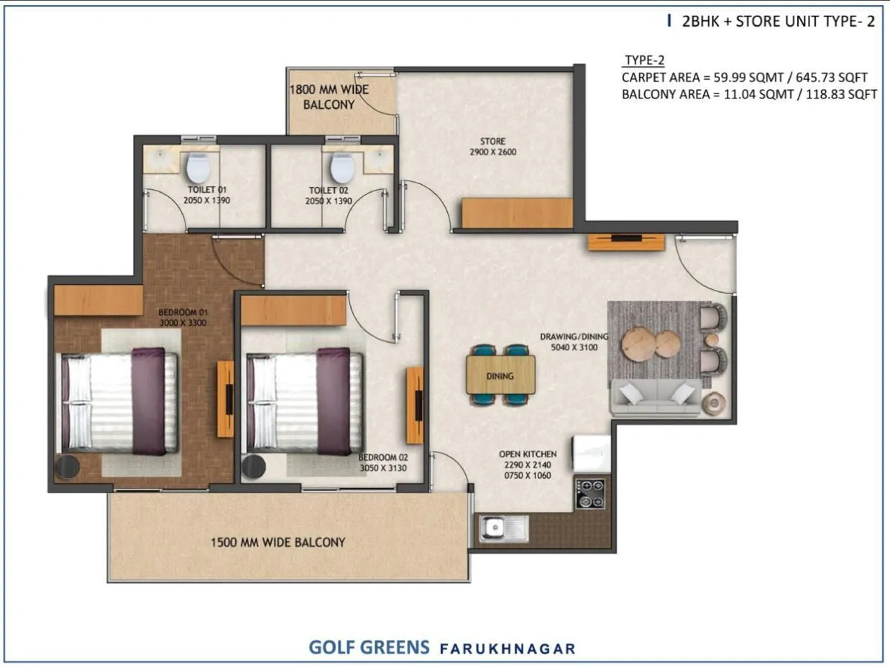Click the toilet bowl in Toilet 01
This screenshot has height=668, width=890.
click(x=197, y=168)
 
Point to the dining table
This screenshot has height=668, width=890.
click(x=500, y=375)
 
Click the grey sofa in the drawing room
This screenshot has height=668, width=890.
click(x=656, y=398)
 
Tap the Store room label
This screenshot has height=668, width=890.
click(x=492, y=146)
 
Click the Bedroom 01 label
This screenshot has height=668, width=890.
click(x=183, y=318)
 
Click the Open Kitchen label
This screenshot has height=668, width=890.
click(x=528, y=465)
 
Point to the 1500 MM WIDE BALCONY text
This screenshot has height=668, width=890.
click(x=277, y=542)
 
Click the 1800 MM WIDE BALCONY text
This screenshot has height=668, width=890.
click(x=329, y=96)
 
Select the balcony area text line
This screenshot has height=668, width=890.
click(x=748, y=93)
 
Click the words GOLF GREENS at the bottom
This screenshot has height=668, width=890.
click(x=369, y=646)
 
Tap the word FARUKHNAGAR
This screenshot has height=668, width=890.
click(x=508, y=648)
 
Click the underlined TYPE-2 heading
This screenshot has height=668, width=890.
click(x=643, y=60)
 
